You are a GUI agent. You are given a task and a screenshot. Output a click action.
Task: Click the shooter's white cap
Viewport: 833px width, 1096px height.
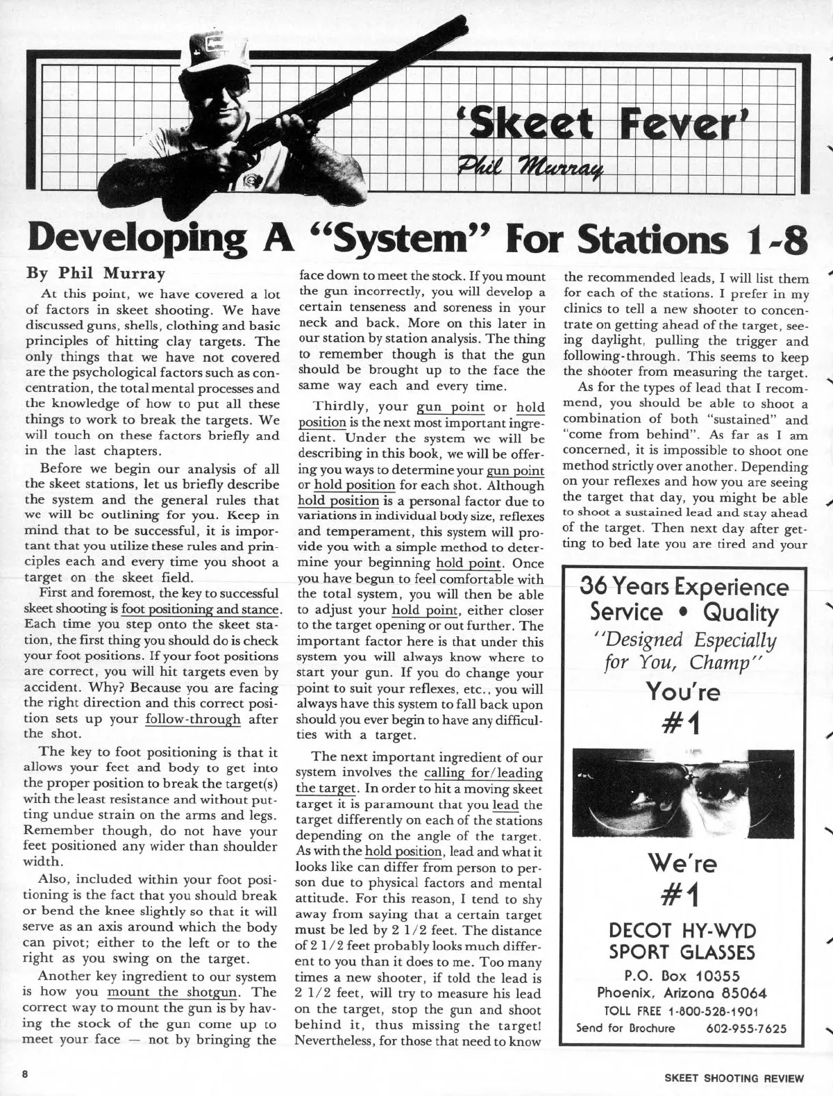[216, 65]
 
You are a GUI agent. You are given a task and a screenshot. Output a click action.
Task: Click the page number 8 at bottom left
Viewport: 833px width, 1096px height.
[24, 1074]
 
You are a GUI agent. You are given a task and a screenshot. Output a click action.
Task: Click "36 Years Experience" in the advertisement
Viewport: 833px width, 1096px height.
[684, 588]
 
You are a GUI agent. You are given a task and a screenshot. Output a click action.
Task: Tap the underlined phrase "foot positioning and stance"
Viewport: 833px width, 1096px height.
[200, 611]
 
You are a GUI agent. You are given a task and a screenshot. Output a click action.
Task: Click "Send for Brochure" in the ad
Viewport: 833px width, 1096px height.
[625, 1028]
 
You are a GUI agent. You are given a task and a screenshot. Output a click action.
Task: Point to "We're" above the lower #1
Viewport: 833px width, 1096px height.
[683, 863]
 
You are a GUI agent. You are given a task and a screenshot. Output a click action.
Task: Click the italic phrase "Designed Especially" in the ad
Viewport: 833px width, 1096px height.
[684, 639]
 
